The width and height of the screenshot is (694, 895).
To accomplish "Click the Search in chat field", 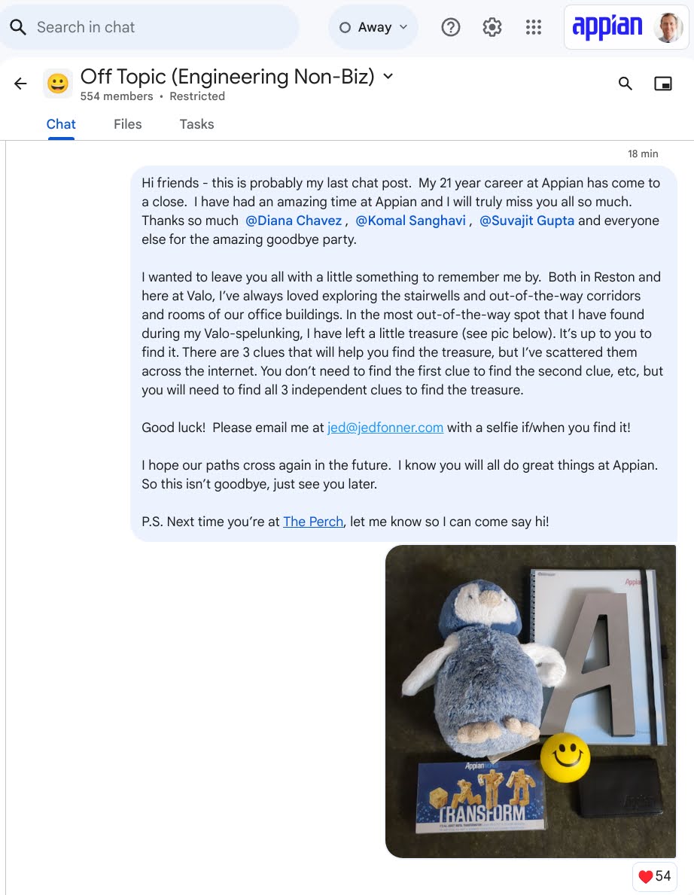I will (x=151, y=28).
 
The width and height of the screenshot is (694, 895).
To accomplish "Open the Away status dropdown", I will (x=373, y=28).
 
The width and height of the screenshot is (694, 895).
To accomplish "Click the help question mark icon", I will (x=450, y=28).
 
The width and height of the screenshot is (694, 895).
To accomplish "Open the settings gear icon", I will (x=492, y=28).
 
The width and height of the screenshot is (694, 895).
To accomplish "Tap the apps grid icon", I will (x=534, y=28).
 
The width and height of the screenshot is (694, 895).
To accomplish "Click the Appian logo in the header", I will (x=607, y=28).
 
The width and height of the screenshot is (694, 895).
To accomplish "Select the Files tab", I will (x=128, y=124).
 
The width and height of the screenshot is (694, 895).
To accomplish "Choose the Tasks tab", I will (x=196, y=124).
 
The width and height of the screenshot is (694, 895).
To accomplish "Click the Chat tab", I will (x=61, y=124).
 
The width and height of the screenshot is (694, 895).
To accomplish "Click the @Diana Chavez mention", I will (x=294, y=221).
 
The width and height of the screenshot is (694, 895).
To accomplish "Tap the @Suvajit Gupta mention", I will (x=527, y=221).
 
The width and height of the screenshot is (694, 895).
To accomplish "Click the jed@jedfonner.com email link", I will (x=385, y=428).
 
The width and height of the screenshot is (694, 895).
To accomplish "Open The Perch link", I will (x=313, y=522).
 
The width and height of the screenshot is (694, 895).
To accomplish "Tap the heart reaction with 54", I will (x=654, y=876).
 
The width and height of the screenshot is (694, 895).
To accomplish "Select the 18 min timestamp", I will (x=643, y=154).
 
